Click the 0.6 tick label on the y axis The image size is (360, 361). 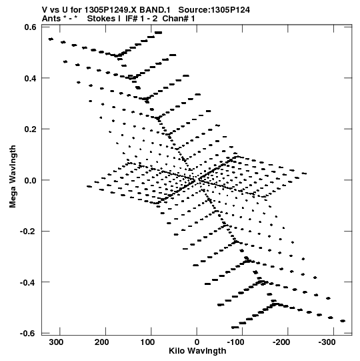coord(31,27)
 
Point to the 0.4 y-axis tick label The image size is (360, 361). coord(31,78)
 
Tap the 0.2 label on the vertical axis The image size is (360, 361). coord(31,129)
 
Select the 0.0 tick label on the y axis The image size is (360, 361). coord(31,180)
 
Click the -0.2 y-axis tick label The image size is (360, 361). coord(29,231)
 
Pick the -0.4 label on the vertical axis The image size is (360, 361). coord(29,282)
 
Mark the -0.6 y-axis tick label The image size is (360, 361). coord(29,333)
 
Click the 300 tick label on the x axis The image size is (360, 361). coord(57,342)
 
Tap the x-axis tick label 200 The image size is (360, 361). coord(102,342)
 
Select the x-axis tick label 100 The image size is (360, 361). coord(148,342)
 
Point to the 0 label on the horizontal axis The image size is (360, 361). coord(197,342)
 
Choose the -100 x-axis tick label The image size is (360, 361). coord(235,342)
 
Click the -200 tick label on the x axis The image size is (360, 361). coord(281,342)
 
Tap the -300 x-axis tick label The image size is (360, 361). coord(327,342)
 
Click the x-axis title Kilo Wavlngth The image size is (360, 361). coord(197,351)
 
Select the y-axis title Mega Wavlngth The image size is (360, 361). coord(13,177)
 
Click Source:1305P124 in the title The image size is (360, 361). coord(214,10)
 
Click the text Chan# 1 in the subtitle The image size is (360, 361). coord(179,19)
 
